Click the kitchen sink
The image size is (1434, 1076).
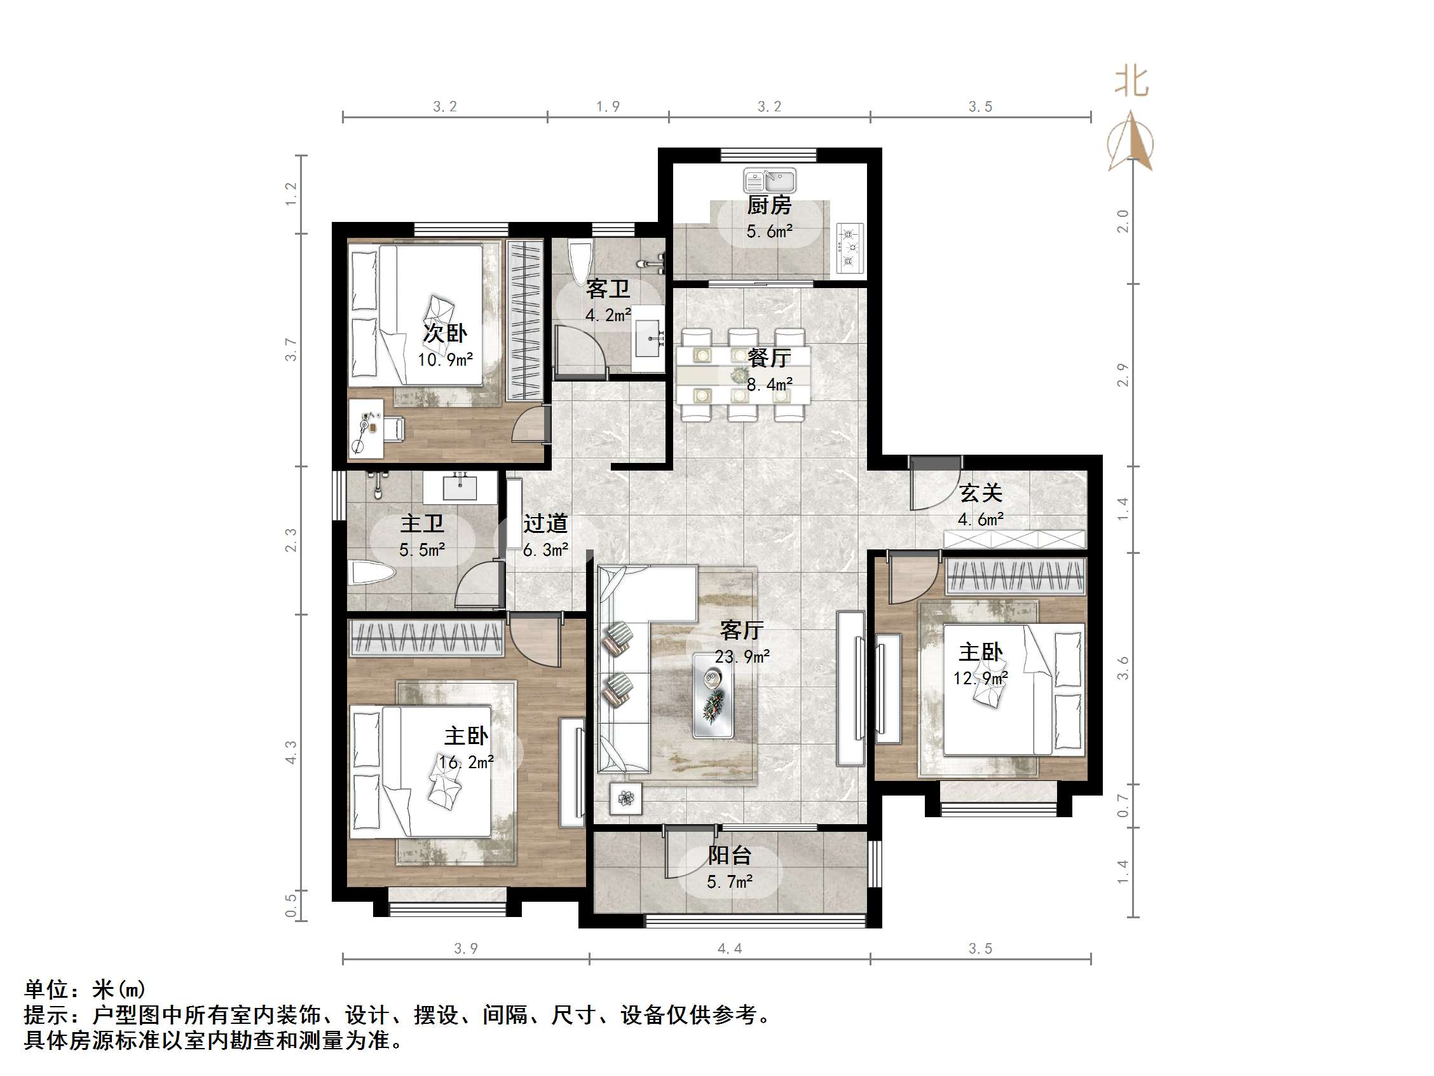(770, 181)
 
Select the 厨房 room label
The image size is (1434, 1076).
(770, 205)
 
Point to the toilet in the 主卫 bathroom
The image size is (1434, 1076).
(371, 574)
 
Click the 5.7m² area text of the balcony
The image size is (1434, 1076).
(729, 882)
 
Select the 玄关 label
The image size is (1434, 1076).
(980, 493)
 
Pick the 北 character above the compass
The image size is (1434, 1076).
(1131, 83)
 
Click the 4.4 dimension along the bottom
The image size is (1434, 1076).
(729, 949)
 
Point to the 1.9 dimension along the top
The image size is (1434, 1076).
(608, 106)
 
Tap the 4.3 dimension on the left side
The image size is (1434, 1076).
(290, 752)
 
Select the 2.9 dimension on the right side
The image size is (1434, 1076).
(1123, 375)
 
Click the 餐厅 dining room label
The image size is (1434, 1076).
(769, 358)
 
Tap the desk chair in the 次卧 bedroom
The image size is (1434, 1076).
(394, 428)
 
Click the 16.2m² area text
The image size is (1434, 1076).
(465, 762)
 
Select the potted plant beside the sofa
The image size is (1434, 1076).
(625, 798)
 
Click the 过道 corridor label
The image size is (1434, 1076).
(545, 523)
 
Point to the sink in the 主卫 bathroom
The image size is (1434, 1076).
(460, 486)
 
